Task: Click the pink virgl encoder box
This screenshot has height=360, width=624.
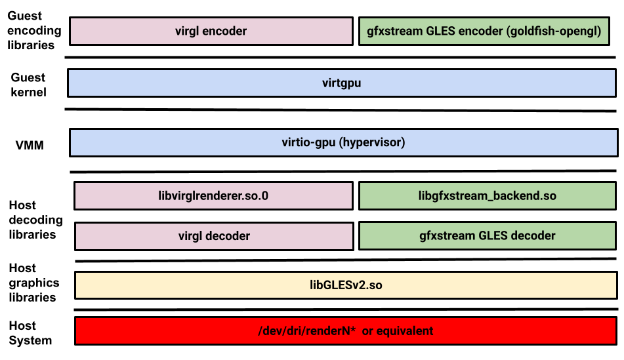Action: coord(211,31)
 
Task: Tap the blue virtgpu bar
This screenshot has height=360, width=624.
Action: coord(341,83)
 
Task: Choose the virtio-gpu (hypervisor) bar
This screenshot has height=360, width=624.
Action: coord(343,142)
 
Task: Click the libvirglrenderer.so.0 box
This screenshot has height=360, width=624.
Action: coord(213,196)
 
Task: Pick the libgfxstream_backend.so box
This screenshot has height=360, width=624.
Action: coord(487,196)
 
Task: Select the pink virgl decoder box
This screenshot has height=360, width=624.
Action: coord(214,236)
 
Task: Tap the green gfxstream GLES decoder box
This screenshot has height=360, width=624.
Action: coord(487,236)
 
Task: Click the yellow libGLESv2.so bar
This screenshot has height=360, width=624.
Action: coord(346,285)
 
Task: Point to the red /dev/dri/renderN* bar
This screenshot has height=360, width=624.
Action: coord(346,330)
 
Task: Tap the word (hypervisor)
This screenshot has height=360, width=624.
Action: coord(372,142)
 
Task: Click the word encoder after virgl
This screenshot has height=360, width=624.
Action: coord(225,31)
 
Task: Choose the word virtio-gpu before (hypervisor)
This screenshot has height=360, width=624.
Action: coord(309,142)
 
